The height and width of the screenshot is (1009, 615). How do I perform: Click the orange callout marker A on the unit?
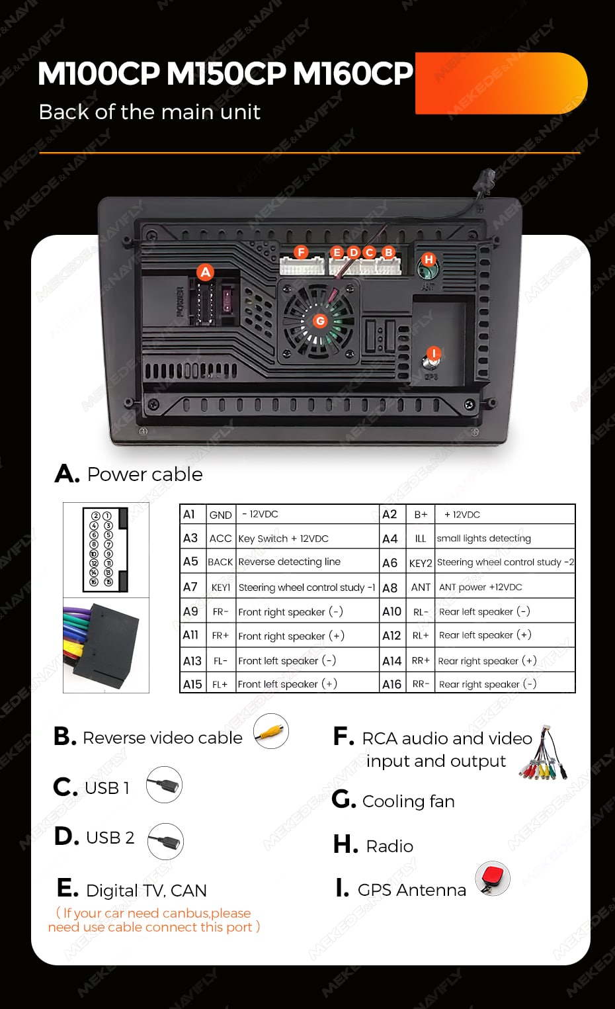pos(206,272)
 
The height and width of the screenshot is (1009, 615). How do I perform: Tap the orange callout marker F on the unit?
pos(302,252)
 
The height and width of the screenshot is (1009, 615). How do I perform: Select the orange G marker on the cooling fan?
pos(320,321)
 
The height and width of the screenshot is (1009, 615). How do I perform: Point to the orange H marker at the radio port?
pos(429,259)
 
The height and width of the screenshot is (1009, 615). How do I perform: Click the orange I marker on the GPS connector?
pos(433,353)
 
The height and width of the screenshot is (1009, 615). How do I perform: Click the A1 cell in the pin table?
pos(190,514)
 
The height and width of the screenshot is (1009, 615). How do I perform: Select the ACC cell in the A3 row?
pos(220,538)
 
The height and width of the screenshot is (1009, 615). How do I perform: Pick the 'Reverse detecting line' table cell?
pos(290,562)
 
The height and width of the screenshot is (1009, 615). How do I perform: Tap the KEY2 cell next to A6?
pos(421,563)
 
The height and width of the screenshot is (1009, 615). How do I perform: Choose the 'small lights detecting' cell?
pos(483,538)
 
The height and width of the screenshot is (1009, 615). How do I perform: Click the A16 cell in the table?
pos(391,684)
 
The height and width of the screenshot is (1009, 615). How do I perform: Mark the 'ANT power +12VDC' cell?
pos(481,587)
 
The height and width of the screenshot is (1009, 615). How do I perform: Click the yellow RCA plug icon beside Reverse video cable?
pos(271,731)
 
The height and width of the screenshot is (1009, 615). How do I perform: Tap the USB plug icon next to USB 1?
pos(164,785)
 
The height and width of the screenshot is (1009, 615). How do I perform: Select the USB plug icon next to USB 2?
pos(165,841)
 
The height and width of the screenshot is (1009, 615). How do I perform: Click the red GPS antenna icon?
pos(493,878)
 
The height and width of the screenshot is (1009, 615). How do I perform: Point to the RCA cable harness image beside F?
pos(544,754)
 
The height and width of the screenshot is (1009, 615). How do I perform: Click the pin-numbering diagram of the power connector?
pos(105,550)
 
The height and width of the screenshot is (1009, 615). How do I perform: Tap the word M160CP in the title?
pos(352,73)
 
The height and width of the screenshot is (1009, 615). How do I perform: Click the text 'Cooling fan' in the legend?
pos(408,801)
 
